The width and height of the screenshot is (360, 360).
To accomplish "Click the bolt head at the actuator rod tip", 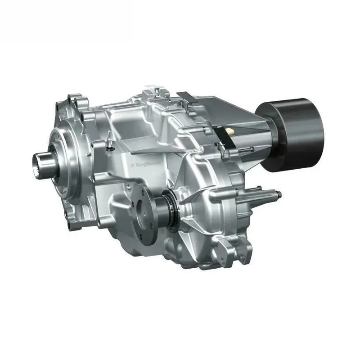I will [x=279, y=195].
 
